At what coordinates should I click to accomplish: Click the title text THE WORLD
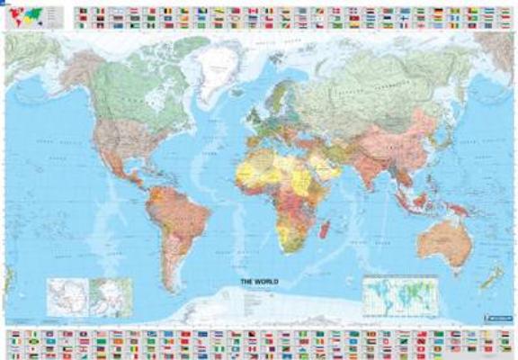pyautogui.click(x=259, y=283)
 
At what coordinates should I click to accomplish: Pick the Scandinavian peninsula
pyautogui.click(x=282, y=90)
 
